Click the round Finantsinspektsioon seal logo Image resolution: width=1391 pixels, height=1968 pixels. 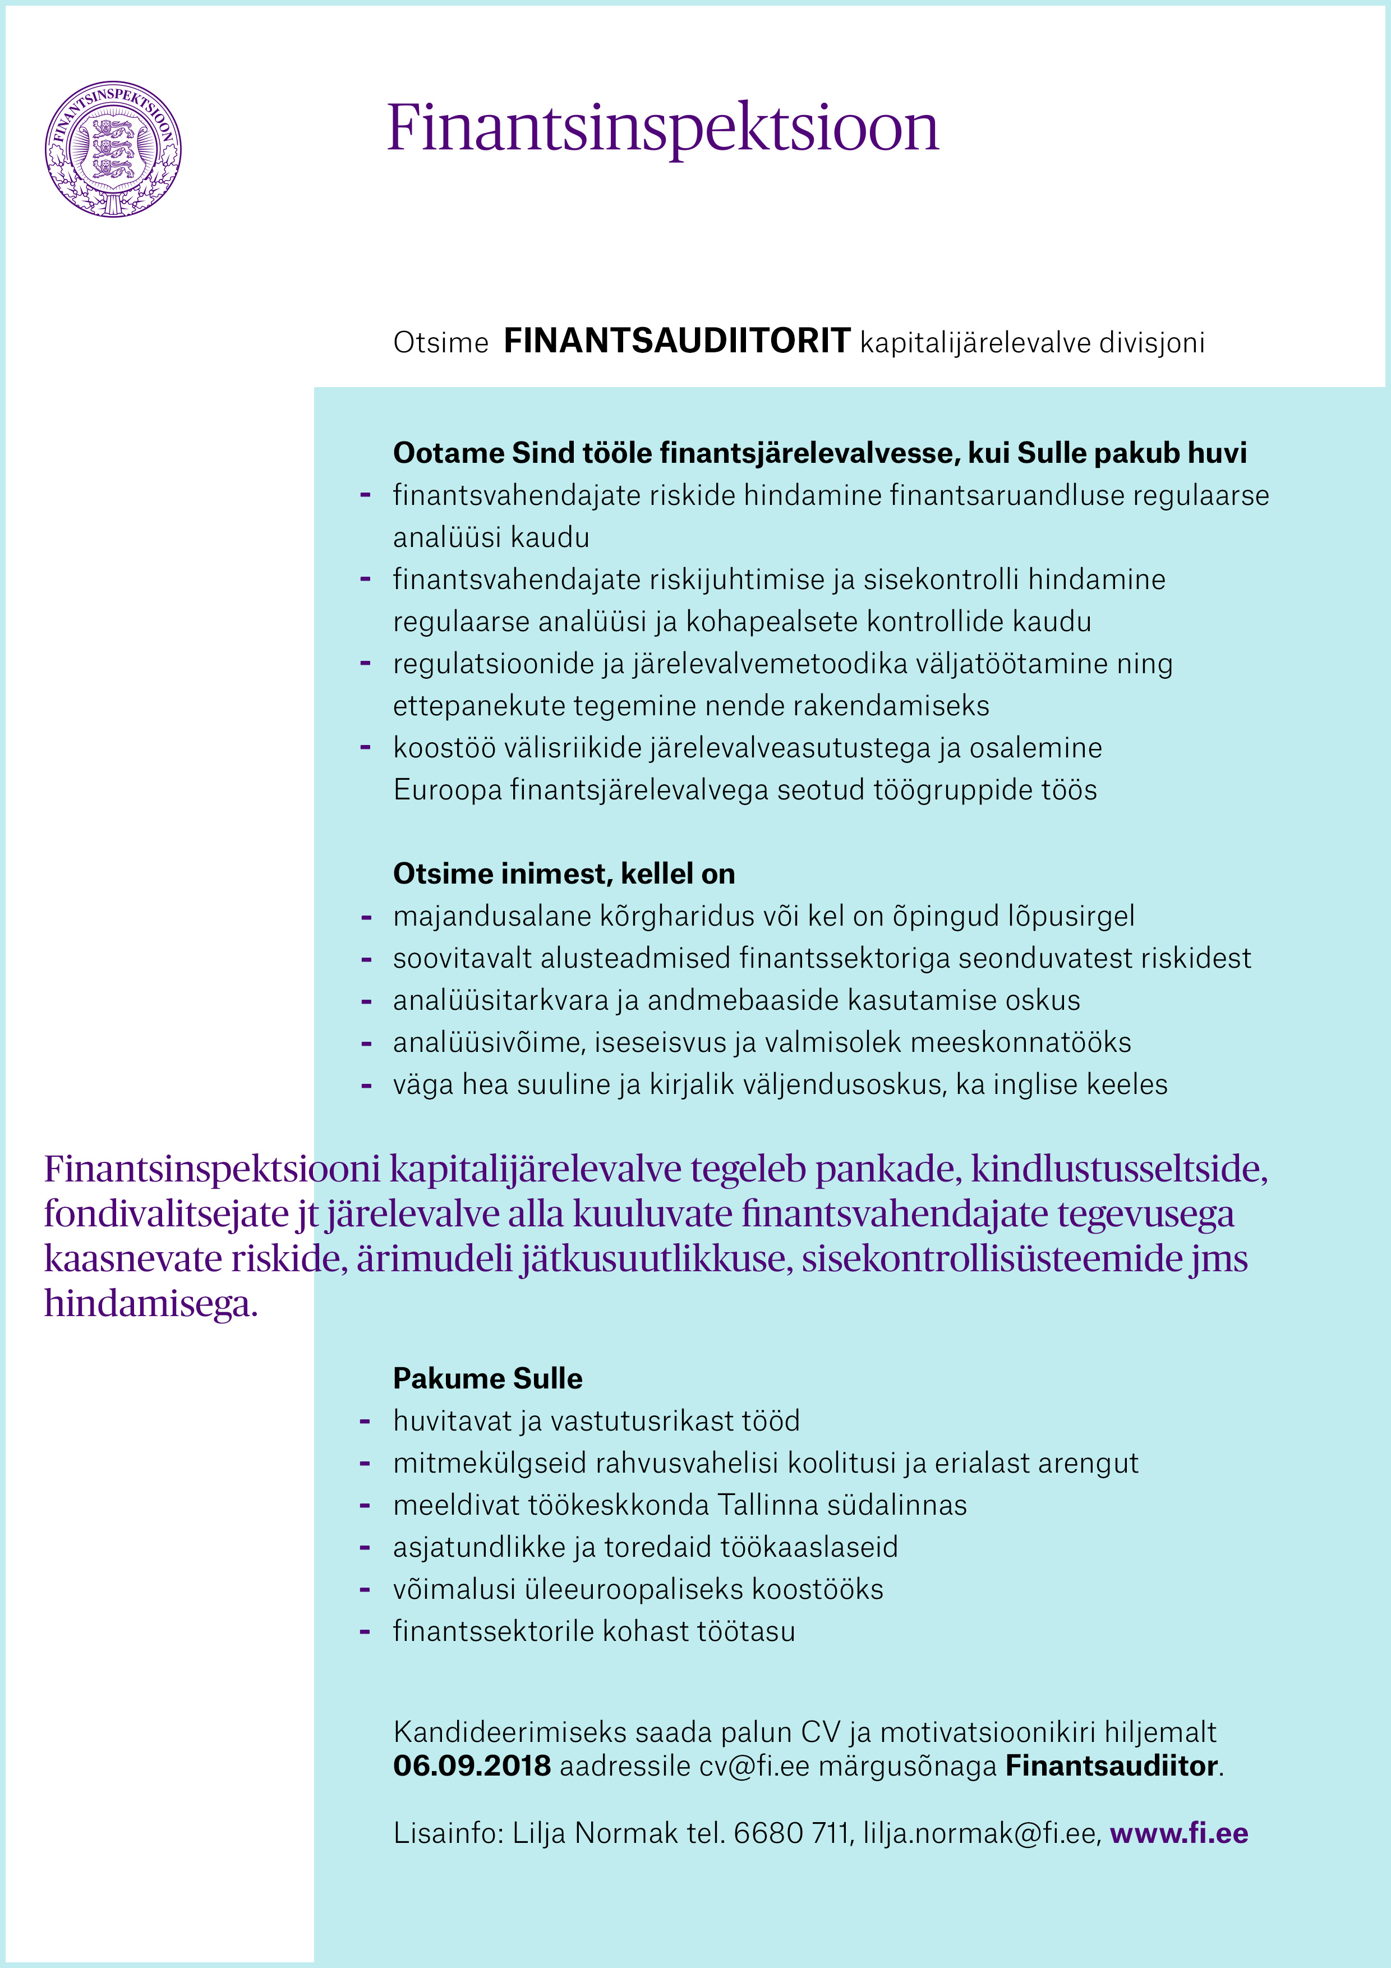click(113, 149)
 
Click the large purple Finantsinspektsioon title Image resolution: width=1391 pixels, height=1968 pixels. click(662, 128)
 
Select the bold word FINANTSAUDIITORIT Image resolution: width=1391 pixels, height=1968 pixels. click(676, 341)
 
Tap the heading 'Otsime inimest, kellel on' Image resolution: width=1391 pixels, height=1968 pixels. click(563, 873)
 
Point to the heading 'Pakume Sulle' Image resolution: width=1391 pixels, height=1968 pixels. click(487, 1378)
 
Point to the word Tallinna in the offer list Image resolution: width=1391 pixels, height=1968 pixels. click(771, 1505)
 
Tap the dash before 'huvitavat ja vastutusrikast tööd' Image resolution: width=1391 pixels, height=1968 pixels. click(365, 1421)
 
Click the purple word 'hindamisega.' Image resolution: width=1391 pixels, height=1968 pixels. click(151, 1303)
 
